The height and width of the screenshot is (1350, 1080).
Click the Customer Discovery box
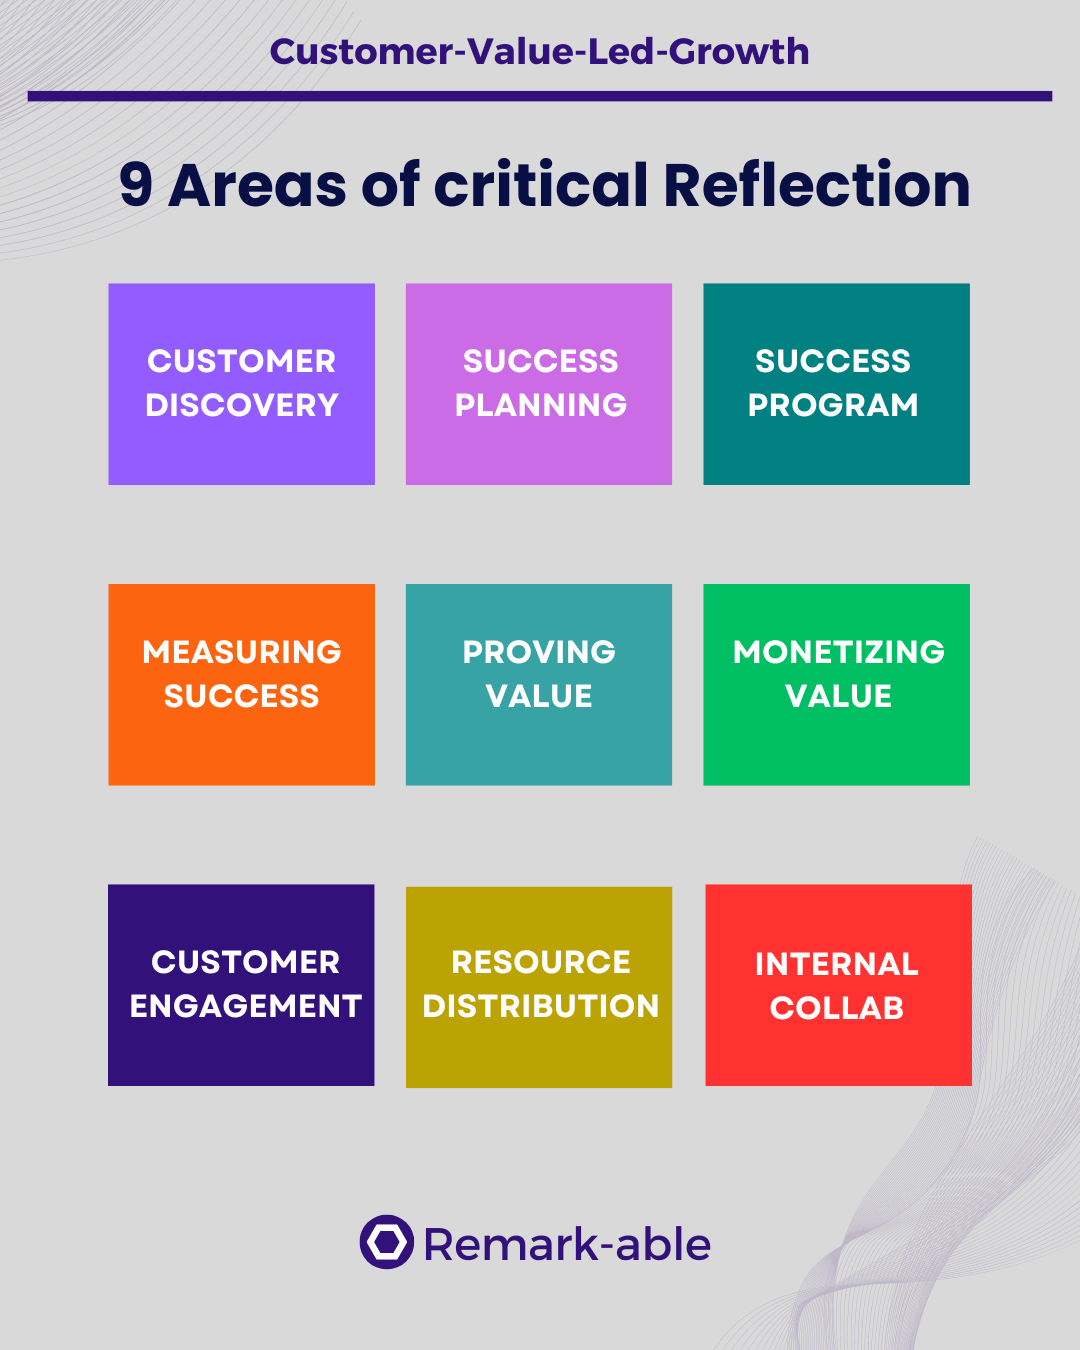[242, 384]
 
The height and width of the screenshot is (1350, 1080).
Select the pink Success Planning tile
[539, 384]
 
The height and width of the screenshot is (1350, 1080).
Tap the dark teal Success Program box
[837, 384]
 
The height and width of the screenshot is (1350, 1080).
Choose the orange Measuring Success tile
[242, 684]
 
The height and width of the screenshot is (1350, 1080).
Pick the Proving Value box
[539, 684]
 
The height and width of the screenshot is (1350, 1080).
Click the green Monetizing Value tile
[837, 684]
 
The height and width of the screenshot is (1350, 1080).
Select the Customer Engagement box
[242, 985]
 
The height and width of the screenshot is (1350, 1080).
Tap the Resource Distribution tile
[539, 987]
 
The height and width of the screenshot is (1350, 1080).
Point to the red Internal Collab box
[838, 985]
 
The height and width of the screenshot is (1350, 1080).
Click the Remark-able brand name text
[567, 1245]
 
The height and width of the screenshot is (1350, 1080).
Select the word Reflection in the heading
[817, 184]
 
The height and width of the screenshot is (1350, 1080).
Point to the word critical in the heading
[540, 184]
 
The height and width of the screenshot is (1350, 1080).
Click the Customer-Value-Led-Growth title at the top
[540, 51]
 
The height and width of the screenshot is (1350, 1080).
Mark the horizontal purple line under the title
[540, 96]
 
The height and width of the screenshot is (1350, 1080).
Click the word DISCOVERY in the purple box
[242, 405]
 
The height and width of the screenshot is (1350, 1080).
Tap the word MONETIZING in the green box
[838, 652]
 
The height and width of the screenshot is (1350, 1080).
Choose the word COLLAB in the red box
[837, 1008]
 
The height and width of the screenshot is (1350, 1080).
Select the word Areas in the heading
[257, 186]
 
